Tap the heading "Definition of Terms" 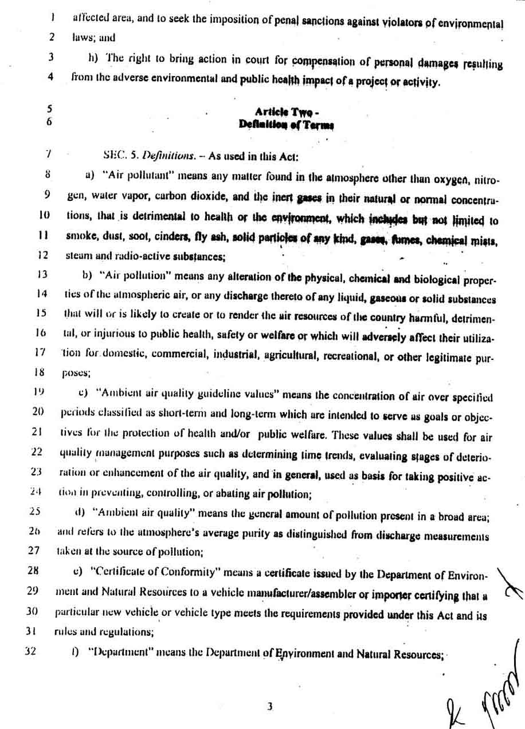click(287, 124)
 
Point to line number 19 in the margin click(37, 392)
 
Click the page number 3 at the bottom click(269, 707)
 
